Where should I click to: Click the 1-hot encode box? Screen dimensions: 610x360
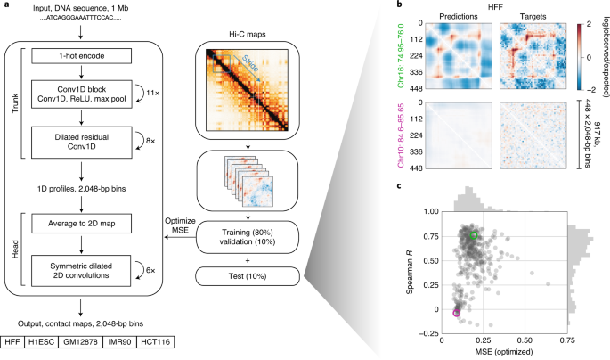[x=81, y=55]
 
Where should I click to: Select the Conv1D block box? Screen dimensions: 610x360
[x=81, y=94]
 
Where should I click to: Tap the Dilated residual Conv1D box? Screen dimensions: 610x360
[x=81, y=142]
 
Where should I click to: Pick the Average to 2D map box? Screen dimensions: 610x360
[x=81, y=224]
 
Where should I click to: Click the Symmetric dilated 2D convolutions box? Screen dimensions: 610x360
[x=81, y=271]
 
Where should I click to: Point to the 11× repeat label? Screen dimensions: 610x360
[x=152, y=94]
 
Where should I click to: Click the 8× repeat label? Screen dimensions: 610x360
[x=150, y=141]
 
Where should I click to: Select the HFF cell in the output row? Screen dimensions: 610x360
[x=12, y=342]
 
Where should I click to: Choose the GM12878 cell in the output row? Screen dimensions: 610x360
[x=80, y=342]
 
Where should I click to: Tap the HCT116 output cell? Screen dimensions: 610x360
[x=156, y=342]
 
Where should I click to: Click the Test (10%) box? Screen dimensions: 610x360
[x=248, y=276]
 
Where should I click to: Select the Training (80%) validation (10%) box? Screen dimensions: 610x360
[x=248, y=237]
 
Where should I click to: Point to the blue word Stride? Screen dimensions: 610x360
[x=250, y=64]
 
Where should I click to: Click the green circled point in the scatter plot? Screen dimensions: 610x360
[x=474, y=235]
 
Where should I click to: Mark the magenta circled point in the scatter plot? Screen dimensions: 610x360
[x=456, y=313]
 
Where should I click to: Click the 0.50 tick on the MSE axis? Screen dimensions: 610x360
[x=525, y=340]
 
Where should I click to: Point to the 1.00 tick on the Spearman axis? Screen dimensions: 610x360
[x=431, y=212]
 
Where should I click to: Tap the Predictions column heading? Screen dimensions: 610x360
[x=459, y=16]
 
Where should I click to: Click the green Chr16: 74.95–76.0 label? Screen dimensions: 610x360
[x=401, y=56]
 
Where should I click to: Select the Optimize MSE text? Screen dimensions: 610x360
[x=180, y=225]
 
